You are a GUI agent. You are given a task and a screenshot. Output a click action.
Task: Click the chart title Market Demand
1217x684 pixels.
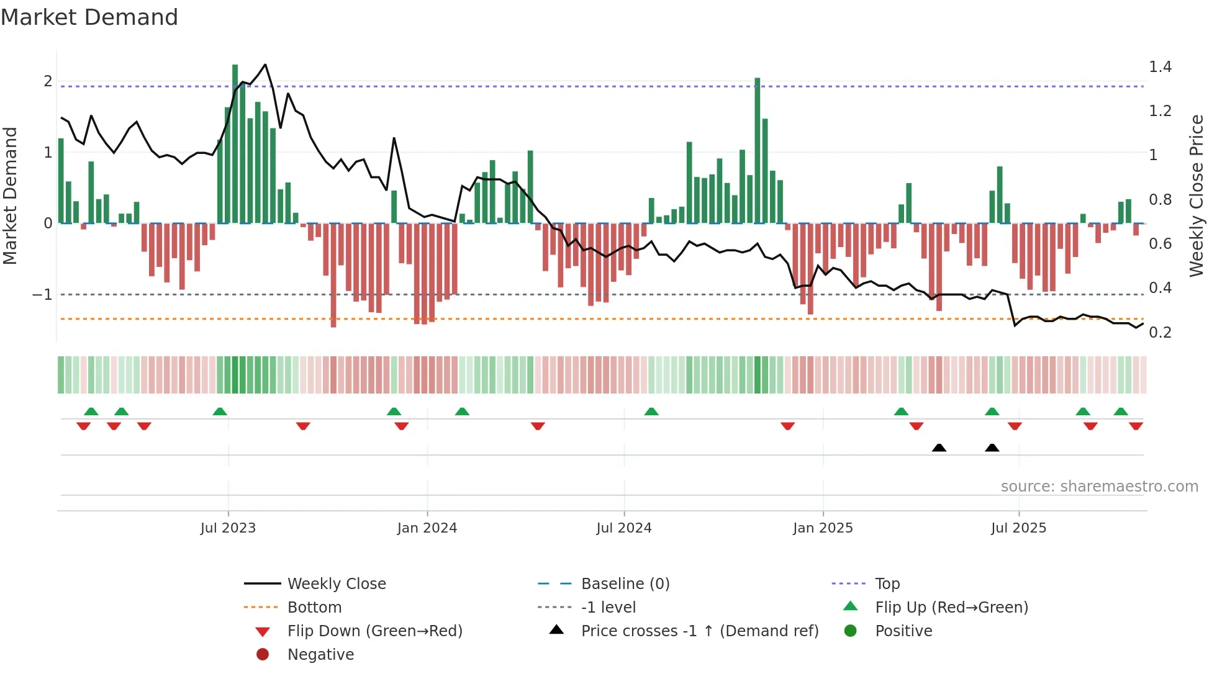[x=89, y=17]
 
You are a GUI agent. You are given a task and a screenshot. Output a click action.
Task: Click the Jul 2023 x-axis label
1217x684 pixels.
[x=228, y=528]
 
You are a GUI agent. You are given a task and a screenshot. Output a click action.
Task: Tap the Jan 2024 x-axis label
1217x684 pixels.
[x=427, y=528]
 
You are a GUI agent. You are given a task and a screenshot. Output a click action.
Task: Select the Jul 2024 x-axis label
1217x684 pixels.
[x=624, y=528]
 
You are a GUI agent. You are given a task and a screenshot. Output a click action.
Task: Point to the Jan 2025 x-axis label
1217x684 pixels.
[x=823, y=528]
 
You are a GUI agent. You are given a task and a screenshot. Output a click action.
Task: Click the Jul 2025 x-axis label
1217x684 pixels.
[x=1018, y=528]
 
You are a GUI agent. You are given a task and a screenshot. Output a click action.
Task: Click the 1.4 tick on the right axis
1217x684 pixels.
[x=1160, y=67]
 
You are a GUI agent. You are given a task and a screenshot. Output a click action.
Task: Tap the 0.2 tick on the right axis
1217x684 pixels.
[x=1160, y=333]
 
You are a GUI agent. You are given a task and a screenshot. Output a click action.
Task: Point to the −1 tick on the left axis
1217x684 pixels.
[x=43, y=295]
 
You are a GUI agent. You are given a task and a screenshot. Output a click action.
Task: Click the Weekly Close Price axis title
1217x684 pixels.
[x=1196, y=196]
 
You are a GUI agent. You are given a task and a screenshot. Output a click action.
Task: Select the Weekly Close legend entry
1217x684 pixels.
[x=336, y=584]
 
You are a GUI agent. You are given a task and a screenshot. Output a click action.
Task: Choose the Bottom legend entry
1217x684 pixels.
[x=314, y=608]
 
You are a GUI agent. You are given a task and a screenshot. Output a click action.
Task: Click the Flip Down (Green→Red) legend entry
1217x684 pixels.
[x=374, y=631]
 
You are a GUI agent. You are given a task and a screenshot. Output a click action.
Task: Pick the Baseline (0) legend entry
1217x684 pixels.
[x=625, y=584]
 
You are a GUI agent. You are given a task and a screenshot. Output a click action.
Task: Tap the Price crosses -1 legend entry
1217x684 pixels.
[x=699, y=631]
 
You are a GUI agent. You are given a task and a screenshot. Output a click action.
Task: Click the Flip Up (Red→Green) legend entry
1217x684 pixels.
[x=951, y=608]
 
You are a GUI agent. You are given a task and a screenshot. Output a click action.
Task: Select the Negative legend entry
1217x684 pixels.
[x=320, y=655]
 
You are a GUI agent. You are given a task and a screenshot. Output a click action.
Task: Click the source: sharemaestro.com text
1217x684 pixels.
[x=1099, y=487]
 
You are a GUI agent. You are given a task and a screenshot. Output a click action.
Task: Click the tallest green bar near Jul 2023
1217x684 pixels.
[x=235, y=143]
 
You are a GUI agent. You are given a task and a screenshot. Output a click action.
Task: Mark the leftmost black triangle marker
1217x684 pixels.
[x=939, y=448]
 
